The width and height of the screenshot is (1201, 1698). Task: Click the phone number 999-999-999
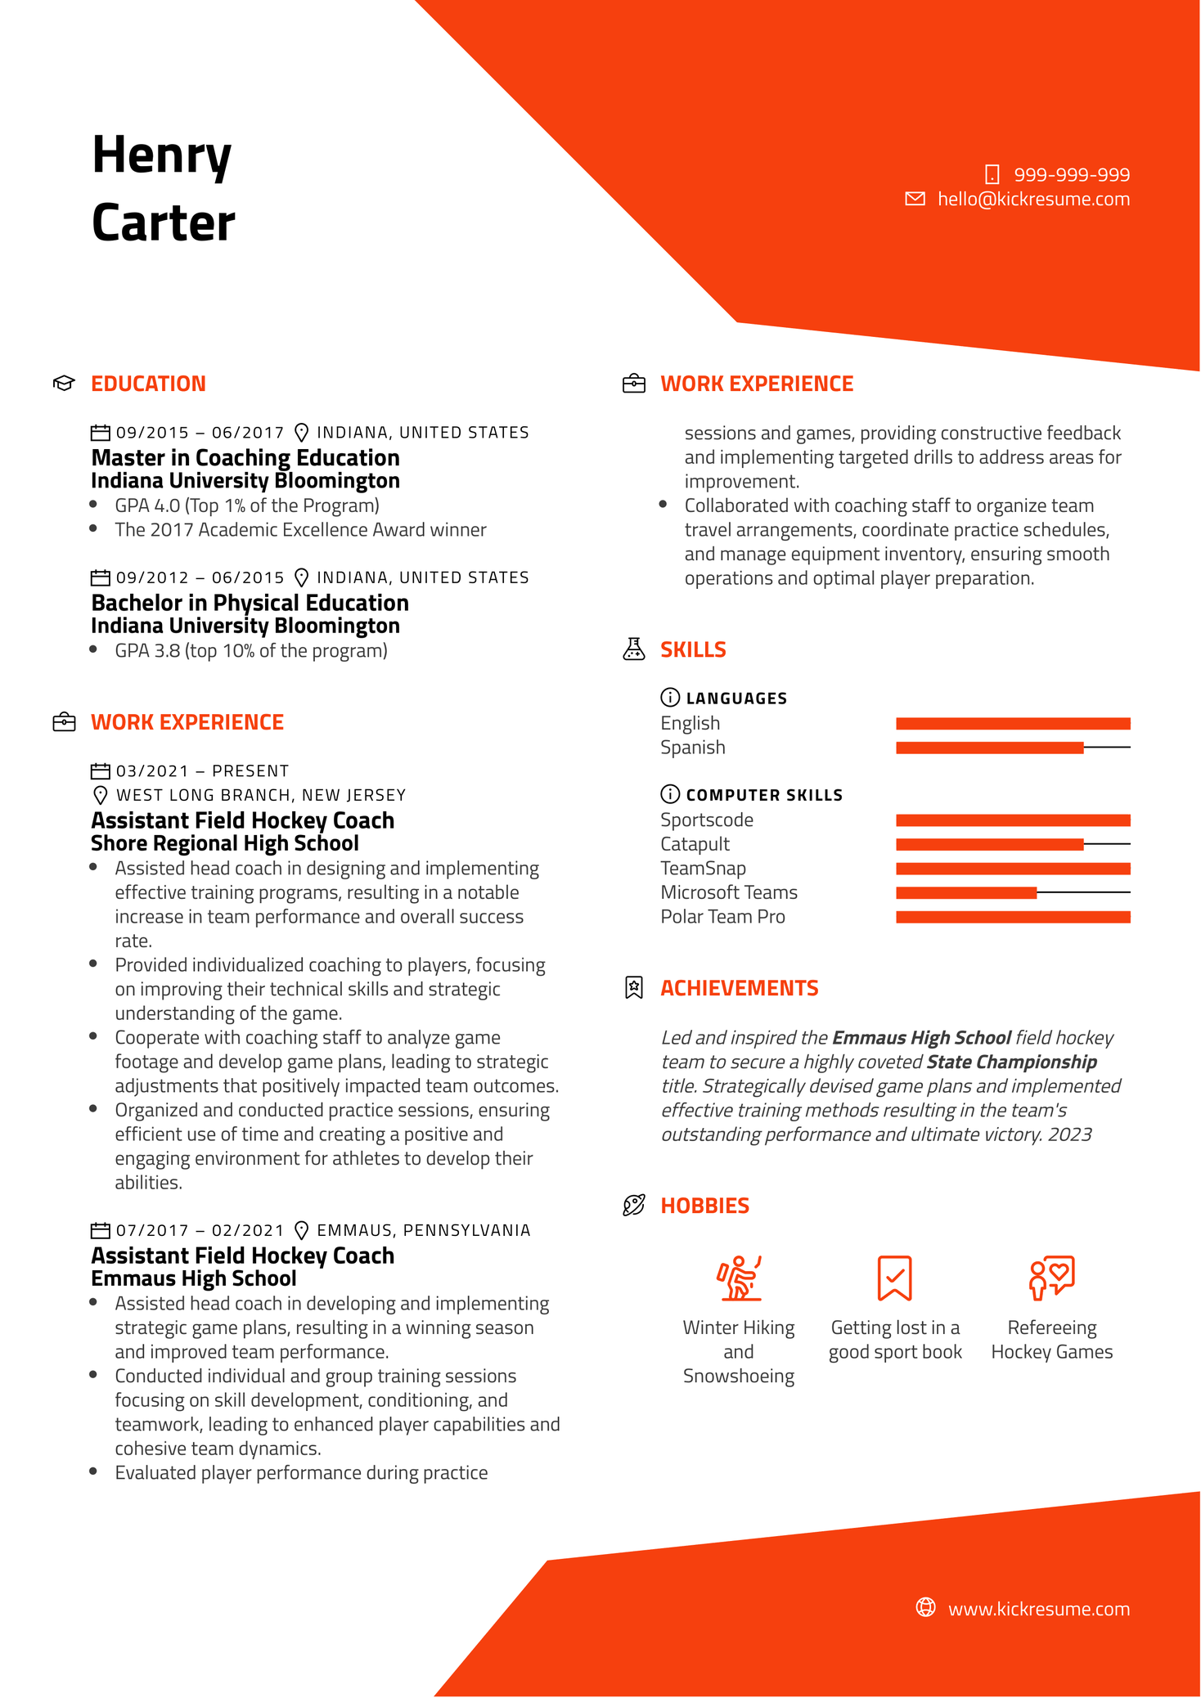pos(1071,175)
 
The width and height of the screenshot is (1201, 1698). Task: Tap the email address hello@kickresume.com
pos(1032,200)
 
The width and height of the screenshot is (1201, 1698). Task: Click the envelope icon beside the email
pos(915,199)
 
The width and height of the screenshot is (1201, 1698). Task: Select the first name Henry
pos(162,155)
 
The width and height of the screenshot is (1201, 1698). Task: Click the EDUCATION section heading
pos(148,384)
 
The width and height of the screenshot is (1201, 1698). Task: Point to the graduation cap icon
pos(64,383)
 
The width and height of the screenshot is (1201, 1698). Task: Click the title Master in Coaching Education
pos(245,457)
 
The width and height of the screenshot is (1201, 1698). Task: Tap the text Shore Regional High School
pos(225,843)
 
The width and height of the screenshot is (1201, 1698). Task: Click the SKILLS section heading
pos(693,649)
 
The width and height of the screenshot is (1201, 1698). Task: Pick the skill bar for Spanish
pos(1012,748)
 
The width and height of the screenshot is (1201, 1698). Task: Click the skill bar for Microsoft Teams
pos(1012,892)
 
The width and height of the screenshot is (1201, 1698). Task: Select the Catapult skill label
pos(695,844)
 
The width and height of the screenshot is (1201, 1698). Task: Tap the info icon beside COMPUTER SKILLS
pos(669,794)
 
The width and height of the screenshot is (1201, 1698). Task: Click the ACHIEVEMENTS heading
pos(739,988)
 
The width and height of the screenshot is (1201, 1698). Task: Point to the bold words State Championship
pos(1011,1062)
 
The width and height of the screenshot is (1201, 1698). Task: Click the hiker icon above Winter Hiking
pos(739,1278)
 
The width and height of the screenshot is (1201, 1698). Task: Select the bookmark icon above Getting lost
pos(894,1278)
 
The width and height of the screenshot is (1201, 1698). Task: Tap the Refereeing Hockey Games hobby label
pos(1051,1340)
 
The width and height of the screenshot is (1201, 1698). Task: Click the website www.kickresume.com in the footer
pos(1038,1609)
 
